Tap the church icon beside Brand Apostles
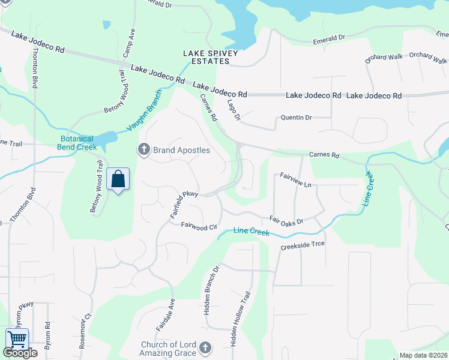143,149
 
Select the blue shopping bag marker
118,179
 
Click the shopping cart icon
17,340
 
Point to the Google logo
20,353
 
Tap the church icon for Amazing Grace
205,348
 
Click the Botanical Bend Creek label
76,143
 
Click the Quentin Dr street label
297,118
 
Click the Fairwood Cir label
199,227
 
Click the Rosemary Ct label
85,331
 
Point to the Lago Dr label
234,109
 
